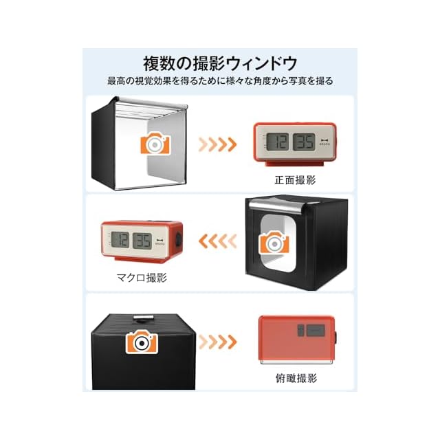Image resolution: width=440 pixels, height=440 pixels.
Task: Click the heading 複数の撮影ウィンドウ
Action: click(x=219, y=64)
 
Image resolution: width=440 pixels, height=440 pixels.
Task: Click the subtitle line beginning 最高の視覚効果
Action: click(x=219, y=81)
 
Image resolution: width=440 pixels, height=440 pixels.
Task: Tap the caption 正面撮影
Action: click(x=294, y=179)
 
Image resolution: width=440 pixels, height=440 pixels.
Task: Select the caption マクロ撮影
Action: click(x=142, y=277)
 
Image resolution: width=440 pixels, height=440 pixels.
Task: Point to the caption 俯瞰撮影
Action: click(x=294, y=377)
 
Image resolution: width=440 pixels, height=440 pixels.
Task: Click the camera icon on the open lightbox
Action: click(x=155, y=144)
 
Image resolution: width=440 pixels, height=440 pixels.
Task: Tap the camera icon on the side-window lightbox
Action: click(x=274, y=243)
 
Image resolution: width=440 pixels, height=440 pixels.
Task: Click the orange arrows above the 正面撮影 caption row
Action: click(x=217, y=144)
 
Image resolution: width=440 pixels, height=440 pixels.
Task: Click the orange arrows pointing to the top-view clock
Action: click(x=217, y=341)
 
